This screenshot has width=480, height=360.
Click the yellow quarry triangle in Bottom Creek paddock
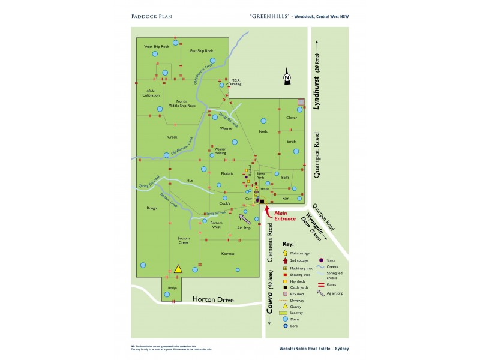178,269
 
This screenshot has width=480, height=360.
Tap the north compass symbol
287,77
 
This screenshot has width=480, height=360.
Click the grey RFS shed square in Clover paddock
301,103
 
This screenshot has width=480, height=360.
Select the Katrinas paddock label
227,254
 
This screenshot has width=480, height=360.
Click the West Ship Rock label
156,46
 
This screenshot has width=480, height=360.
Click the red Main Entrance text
284,216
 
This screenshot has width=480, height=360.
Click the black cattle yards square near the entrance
262,201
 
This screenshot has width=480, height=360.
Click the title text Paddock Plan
151,16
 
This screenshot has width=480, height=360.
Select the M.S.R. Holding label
236,82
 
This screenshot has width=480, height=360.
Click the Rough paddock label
151,208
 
